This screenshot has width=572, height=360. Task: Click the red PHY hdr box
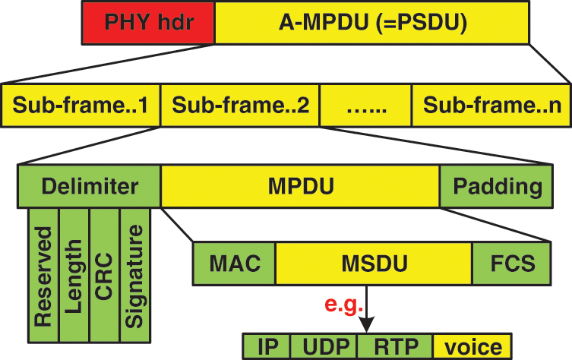click(147, 22)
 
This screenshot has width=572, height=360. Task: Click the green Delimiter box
click(89, 186)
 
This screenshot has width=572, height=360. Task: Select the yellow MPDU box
click(300, 186)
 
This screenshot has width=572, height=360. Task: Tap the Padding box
click(498, 186)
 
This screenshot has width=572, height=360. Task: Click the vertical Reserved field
click(43, 274)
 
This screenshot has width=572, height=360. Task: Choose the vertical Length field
click(74, 274)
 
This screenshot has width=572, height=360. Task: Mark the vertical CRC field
click(104, 274)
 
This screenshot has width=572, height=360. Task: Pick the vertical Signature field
click(135, 274)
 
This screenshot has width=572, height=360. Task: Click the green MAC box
click(235, 264)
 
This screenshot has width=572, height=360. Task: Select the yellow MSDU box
click(374, 264)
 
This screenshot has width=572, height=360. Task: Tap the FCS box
click(513, 264)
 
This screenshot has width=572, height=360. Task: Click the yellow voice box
click(472, 346)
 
